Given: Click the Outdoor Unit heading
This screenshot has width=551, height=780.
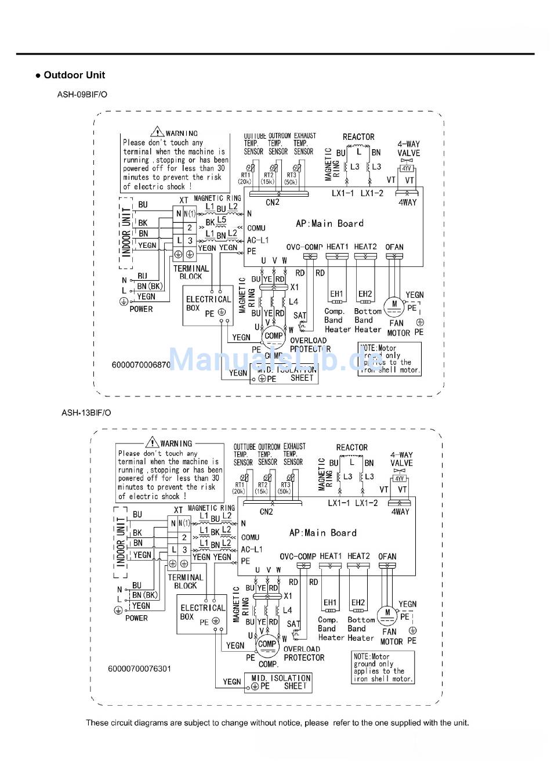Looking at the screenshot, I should tap(74, 75).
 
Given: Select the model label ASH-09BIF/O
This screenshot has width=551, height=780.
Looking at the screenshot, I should tap(82, 94).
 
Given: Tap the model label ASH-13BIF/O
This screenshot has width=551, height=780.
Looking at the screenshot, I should tap(86, 413).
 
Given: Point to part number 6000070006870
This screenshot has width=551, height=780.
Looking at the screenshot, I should tap(141, 365).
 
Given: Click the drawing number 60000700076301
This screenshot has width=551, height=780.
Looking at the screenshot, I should tap(139, 669).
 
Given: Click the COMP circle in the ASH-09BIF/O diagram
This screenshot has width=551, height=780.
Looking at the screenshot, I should tap(273, 336).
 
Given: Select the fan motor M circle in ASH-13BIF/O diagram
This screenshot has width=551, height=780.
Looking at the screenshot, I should tap(387, 613).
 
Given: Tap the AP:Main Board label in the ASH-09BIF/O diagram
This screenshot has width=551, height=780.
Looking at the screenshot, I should tap(329, 223).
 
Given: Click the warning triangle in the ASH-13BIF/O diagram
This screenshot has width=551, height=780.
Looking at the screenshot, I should tap(153, 442).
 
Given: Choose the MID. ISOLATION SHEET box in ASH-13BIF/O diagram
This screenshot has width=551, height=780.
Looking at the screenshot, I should tap(278, 682).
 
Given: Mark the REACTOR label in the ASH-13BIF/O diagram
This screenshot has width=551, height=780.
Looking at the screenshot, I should tap(352, 447).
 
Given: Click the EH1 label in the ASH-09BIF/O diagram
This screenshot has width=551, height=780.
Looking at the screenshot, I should tap(336, 294).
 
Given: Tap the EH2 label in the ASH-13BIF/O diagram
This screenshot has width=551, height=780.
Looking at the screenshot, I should tap(358, 602).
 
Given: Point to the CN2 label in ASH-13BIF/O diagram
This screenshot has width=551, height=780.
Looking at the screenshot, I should tap(266, 512).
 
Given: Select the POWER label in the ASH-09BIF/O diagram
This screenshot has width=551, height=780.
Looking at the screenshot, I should tap(141, 309).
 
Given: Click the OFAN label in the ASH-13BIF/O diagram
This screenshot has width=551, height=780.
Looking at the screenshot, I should tap(387, 557).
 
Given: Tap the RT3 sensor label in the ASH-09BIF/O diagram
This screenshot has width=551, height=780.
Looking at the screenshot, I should tap(291, 175).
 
